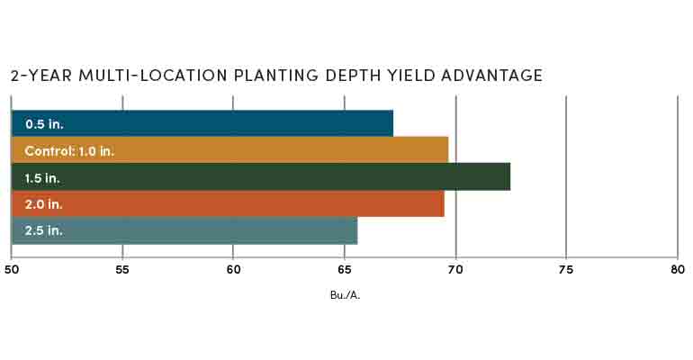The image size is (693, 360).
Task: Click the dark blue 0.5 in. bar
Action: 202,122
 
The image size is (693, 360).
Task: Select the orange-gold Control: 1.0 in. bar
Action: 229,149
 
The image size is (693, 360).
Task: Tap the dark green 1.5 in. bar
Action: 260,176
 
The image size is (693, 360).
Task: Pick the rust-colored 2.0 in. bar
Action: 228,203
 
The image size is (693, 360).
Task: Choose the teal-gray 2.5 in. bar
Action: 184,230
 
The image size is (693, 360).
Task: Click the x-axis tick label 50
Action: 12,268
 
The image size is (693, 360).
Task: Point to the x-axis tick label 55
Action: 122,268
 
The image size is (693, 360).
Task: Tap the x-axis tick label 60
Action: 233,268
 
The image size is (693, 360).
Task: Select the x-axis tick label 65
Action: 345,268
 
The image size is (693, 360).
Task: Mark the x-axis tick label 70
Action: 455,268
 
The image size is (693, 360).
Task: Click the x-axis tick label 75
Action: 566,268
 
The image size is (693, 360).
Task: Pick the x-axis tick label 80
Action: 677,268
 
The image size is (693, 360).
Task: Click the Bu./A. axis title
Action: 345,294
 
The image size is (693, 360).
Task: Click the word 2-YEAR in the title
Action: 38,76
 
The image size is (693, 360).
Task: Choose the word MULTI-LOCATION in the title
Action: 139,76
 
